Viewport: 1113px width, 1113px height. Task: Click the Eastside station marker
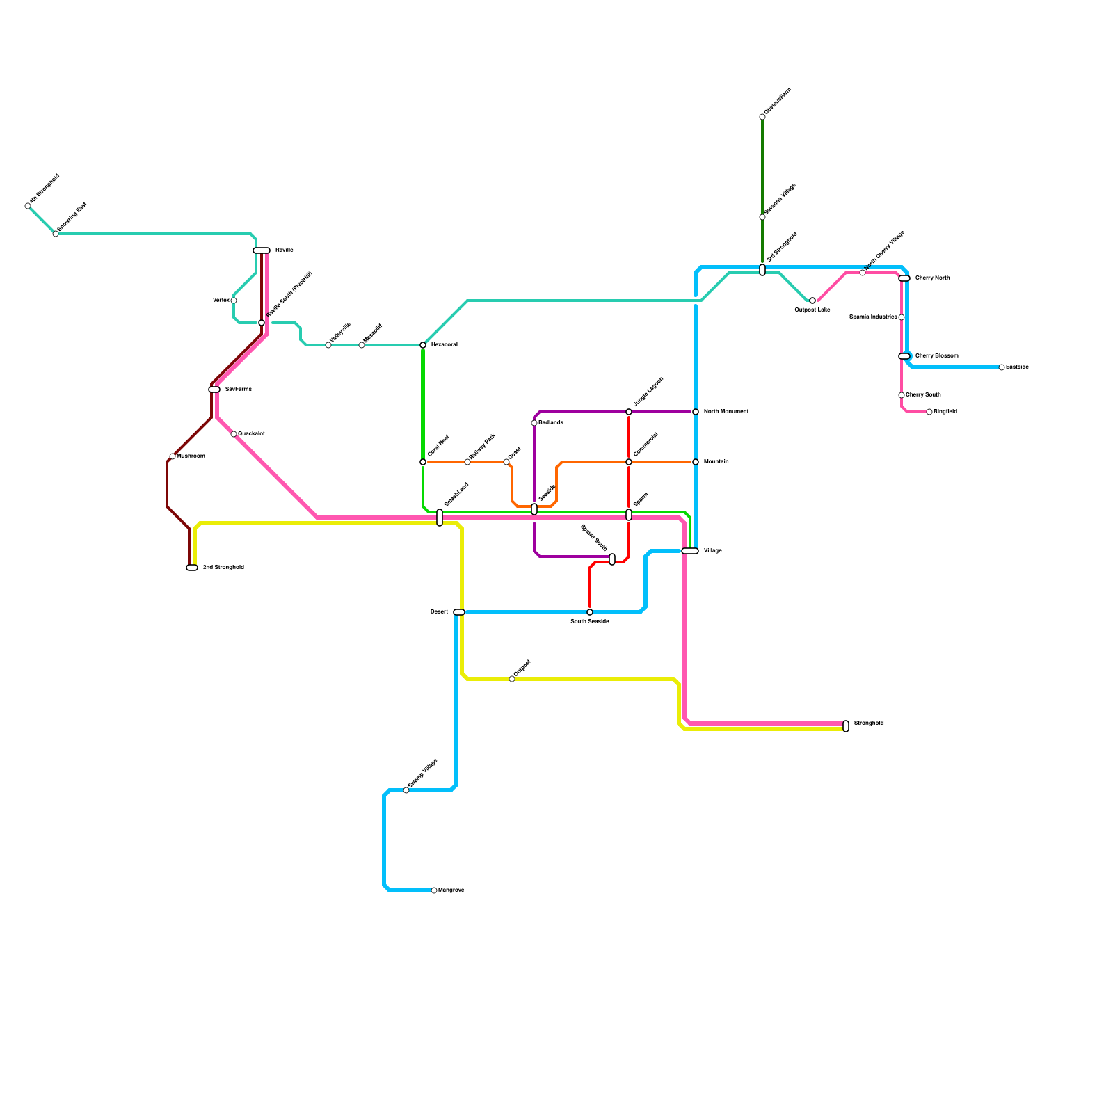pos(1002,367)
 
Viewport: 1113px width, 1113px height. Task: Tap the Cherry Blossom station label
pos(936,356)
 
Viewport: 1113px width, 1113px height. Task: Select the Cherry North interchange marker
pos(904,278)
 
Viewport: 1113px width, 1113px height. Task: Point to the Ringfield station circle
pos(929,412)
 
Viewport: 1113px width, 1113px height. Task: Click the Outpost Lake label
pos(812,310)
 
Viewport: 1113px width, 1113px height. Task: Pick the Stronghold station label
pos(869,723)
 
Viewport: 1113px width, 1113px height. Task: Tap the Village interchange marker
pos(690,551)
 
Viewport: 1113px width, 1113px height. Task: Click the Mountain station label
pos(716,462)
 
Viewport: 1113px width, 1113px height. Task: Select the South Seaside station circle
pos(590,612)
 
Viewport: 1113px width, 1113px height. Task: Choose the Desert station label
pos(439,612)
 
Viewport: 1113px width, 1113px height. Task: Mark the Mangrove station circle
pos(434,890)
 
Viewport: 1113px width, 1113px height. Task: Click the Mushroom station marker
pos(173,456)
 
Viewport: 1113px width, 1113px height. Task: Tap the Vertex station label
pos(221,301)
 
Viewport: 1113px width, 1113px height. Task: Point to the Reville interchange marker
pos(262,250)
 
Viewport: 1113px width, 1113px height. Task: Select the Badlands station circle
pos(534,423)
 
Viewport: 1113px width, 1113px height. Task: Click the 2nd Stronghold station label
pos(223,568)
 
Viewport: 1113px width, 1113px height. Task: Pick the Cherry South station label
pos(923,395)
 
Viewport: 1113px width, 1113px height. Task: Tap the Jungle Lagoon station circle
pos(629,412)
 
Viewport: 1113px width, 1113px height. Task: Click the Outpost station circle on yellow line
pos(512,679)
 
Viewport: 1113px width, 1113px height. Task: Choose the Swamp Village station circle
pos(406,790)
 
